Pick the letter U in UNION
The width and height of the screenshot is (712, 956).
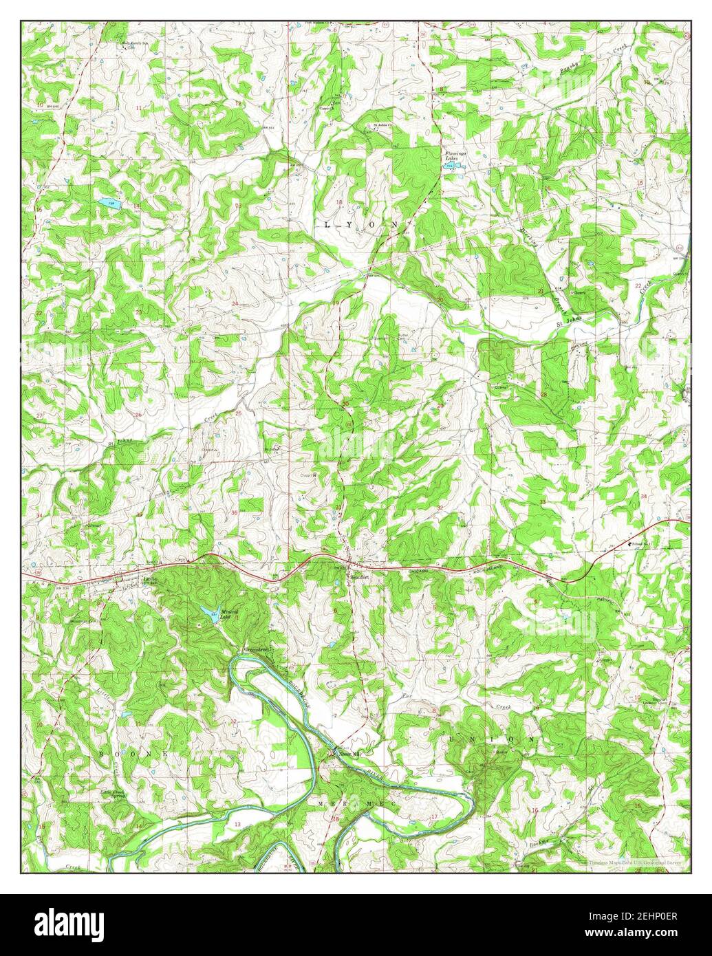452,738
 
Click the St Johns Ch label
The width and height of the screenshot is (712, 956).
382,125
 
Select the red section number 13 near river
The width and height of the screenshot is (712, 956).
238,823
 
